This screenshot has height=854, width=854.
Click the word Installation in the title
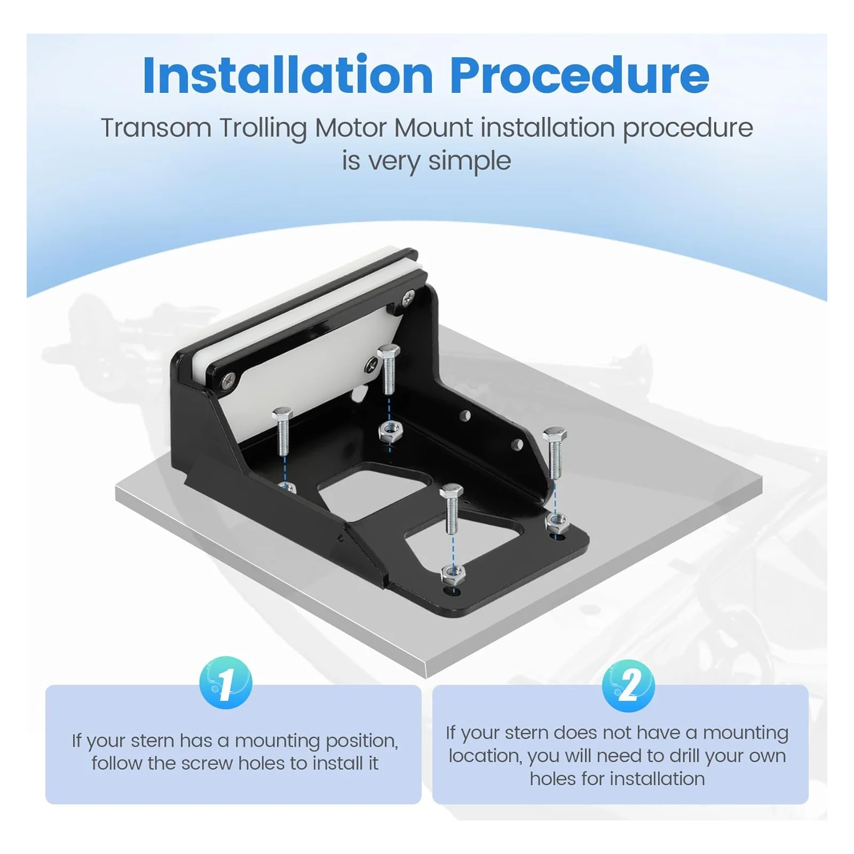click(x=288, y=75)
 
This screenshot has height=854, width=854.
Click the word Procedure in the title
click(x=579, y=75)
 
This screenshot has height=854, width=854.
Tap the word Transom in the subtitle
click(x=156, y=128)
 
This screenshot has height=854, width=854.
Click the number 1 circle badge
click(x=225, y=683)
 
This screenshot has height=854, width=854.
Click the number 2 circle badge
click(x=628, y=685)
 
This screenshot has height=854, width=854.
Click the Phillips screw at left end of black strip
click(x=228, y=380)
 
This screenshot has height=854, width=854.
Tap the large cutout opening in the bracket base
click(x=374, y=491)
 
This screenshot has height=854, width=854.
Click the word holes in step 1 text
click(x=262, y=763)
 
